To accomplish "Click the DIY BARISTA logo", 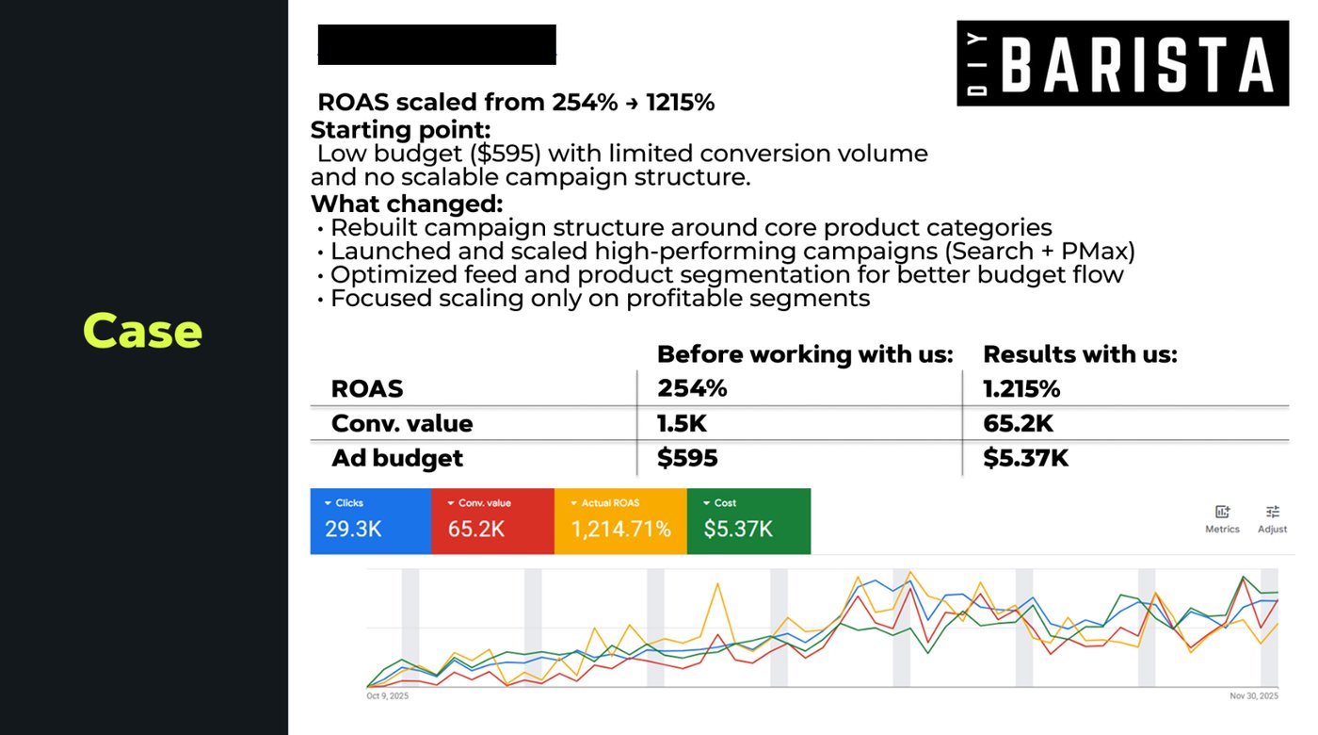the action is coord(1122,63).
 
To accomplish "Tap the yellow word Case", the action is coord(142,331).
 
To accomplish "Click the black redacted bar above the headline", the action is coord(437,45).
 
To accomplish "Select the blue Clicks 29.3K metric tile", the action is coord(371,521).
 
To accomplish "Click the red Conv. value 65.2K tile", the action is coord(492,521).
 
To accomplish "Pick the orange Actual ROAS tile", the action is coord(620,521).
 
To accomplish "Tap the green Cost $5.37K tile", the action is coord(748,521).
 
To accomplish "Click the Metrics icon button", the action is coord(1222,519).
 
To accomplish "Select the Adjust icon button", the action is coord(1272,519).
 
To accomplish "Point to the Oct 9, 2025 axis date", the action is coord(387,695).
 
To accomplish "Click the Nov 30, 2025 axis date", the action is coord(1254,695).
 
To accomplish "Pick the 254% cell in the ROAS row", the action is coord(692,388).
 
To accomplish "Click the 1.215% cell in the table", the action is coord(1021,388).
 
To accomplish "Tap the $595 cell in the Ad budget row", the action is coord(687,458).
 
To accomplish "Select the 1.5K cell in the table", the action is coord(682,423).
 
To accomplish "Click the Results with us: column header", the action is coord(1081,354).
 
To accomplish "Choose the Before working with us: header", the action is coord(805,354).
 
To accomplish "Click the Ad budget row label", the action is coord(397,458).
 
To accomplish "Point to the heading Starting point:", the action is coord(401,130).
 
